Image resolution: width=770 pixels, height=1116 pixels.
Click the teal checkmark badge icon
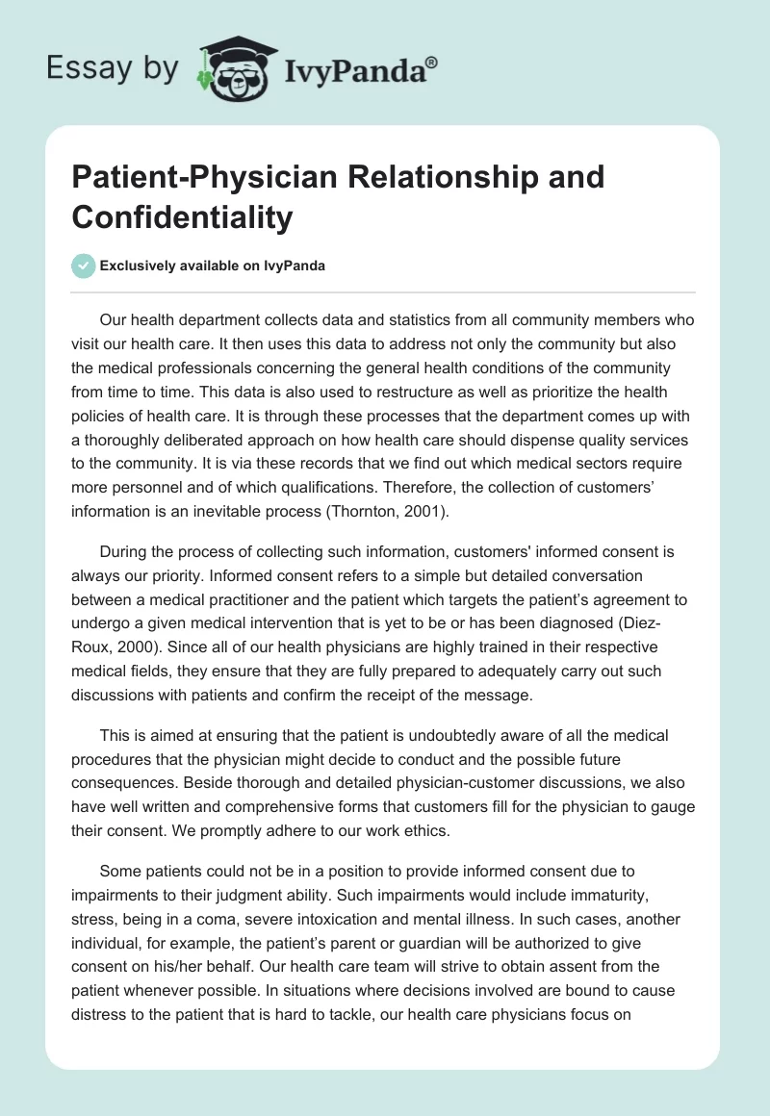85,266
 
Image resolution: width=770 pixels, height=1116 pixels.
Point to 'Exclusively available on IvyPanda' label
212,266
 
